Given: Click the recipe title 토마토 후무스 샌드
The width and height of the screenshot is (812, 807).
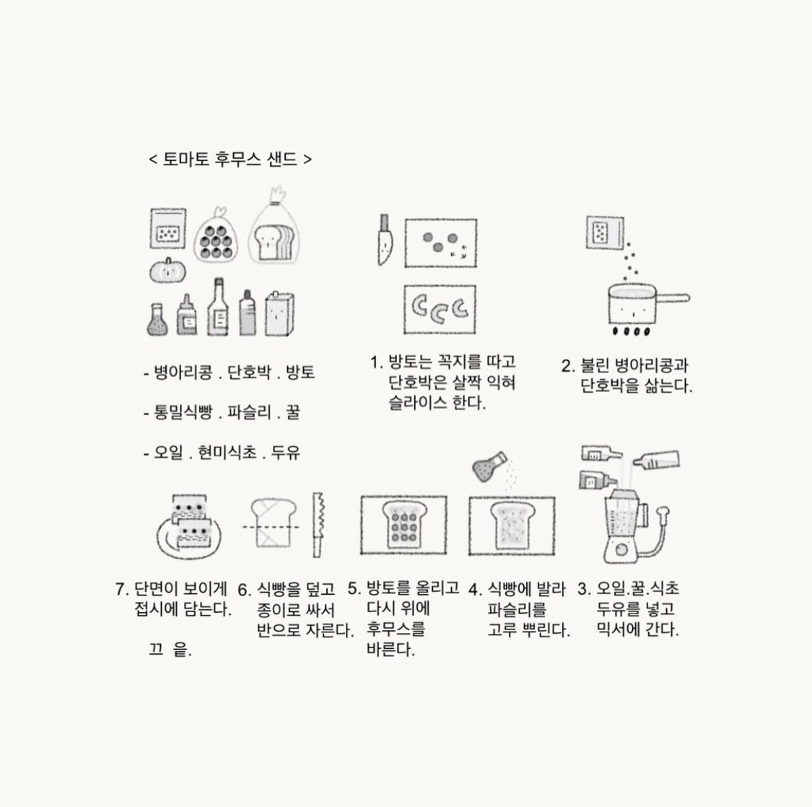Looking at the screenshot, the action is tap(230, 159).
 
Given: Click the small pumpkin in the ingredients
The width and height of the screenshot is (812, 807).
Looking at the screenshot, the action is tap(167, 271).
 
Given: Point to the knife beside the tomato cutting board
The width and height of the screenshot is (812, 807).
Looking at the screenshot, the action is tap(385, 240).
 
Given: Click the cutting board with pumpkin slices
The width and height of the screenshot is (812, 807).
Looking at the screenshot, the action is tap(440, 309).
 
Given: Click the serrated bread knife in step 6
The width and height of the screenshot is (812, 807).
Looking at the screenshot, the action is tap(318, 525).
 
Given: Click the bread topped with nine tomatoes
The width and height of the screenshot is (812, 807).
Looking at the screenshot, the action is tap(404, 525).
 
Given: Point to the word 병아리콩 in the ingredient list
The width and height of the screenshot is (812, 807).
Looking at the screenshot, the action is tap(183, 372).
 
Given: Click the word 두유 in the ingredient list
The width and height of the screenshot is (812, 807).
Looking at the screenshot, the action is tap(286, 452).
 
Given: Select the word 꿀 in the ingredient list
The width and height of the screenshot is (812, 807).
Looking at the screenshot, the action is tap(292, 412).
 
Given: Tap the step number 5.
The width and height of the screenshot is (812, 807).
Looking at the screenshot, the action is tap(354, 589).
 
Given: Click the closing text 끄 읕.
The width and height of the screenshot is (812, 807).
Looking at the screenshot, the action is tap(170, 649).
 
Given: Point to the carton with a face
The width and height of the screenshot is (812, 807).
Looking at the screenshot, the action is tap(279, 313).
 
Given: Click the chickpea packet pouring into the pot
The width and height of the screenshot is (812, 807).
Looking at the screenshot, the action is tap(605, 232).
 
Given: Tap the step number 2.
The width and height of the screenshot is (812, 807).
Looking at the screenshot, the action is tap(568, 366).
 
